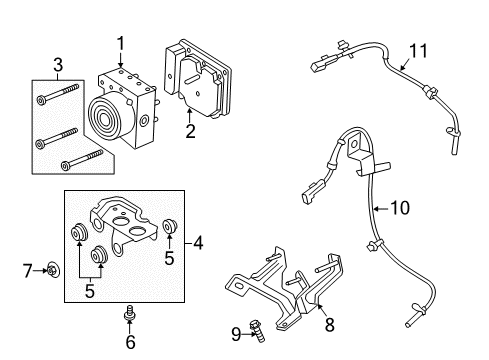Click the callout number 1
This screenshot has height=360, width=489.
click(120, 43)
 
